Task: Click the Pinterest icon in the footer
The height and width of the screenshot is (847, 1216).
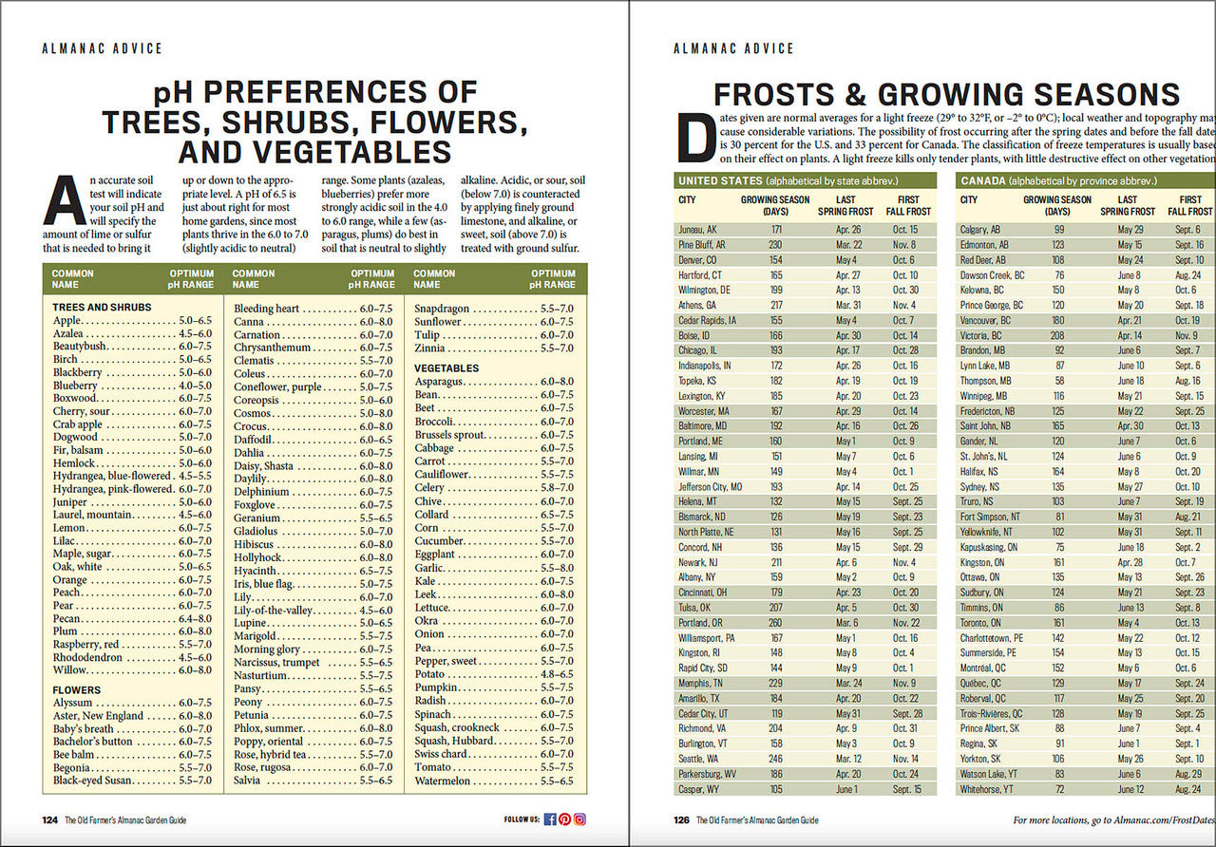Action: click(564, 819)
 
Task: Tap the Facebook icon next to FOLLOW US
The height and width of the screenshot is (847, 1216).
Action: click(550, 819)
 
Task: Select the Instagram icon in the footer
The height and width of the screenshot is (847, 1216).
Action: click(579, 819)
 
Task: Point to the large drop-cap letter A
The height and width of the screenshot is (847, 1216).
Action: click(65, 200)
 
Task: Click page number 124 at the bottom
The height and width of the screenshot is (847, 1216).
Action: click(49, 819)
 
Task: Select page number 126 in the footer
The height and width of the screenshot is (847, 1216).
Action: click(681, 819)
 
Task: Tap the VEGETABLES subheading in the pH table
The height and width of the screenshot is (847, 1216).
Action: click(446, 367)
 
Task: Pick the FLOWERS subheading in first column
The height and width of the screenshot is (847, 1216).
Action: click(77, 690)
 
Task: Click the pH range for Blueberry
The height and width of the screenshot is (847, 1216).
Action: click(195, 386)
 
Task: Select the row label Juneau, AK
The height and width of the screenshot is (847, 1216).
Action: click(698, 230)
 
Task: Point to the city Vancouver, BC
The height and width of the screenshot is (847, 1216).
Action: click(986, 320)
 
